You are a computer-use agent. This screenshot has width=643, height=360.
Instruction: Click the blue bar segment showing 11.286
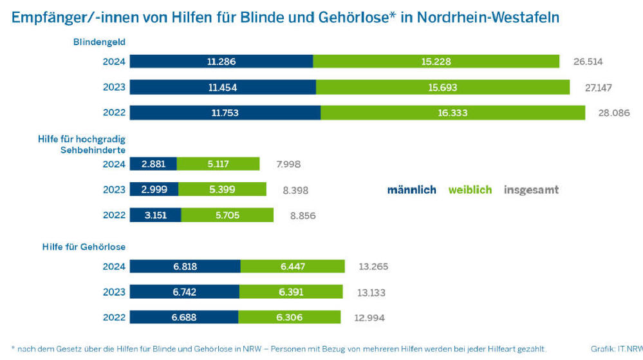click(x=221, y=62)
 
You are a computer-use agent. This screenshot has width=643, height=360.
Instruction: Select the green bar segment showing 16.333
click(x=453, y=113)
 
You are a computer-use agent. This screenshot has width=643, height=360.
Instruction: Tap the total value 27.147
click(x=598, y=87)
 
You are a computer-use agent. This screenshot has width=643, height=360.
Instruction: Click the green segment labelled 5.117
click(x=218, y=164)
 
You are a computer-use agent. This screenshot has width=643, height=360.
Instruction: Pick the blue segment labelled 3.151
click(x=155, y=215)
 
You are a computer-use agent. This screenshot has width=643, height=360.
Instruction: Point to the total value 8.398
click(x=296, y=191)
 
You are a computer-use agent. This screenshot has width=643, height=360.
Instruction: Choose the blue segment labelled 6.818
click(x=185, y=266)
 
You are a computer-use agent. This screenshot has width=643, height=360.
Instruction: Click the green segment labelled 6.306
click(x=289, y=317)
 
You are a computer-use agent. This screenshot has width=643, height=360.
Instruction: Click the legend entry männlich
click(x=411, y=190)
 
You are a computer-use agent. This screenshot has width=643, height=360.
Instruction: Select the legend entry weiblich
click(x=470, y=190)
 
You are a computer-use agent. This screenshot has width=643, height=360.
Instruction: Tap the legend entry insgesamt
click(x=531, y=190)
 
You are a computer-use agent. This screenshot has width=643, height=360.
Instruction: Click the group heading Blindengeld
click(x=99, y=42)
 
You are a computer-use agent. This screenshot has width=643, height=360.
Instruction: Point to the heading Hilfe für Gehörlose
click(x=84, y=247)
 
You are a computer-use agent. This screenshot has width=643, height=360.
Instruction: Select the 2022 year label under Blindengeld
click(x=114, y=113)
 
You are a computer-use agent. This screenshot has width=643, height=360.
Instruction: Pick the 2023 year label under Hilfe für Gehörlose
click(x=114, y=292)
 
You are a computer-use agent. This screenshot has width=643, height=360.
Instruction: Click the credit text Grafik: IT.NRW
click(x=616, y=348)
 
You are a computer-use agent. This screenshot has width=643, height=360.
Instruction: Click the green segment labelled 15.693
click(x=443, y=87)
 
